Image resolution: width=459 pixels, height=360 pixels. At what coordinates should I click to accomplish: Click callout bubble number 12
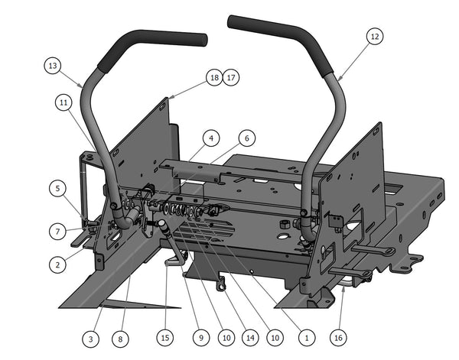pyautogui.click(x=373, y=36)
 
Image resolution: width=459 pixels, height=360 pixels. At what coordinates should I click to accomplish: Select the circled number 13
pyautogui.click(x=52, y=66)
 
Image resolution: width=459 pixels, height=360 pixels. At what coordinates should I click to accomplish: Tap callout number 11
pyautogui.click(x=64, y=100)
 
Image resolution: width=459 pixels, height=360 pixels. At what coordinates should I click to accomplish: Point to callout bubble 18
pyautogui.click(x=213, y=77)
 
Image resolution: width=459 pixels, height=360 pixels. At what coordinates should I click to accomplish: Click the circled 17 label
pyautogui.click(x=231, y=77)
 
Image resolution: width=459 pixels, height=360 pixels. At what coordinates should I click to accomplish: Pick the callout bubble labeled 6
pyautogui.click(x=246, y=138)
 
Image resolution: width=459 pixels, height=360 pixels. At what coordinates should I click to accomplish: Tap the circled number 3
pyautogui.click(x=90, y=336)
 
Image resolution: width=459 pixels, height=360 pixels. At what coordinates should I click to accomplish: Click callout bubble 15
pyautogui.click(x=165, y=336)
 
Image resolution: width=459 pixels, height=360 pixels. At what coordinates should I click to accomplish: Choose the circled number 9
pyautogui.click(x=200, y=336)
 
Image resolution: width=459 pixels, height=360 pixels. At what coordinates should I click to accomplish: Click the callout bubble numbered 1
pyautogui.click(x=307, y=336)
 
